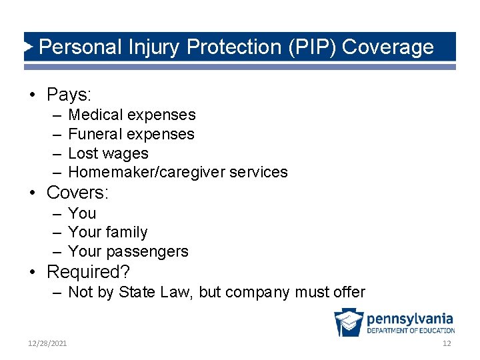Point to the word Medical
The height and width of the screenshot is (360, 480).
point(97,115)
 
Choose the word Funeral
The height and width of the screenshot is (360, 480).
point(96,134)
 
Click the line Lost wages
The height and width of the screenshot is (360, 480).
point(108,153)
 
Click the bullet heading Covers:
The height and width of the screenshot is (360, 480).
point(77,193)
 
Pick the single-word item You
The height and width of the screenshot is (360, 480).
point(82,213)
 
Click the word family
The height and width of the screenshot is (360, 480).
point(126,232)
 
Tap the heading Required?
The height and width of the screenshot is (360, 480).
point(88,272)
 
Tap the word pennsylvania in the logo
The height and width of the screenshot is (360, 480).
point(409,319)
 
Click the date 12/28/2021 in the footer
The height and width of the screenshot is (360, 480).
point(47,343)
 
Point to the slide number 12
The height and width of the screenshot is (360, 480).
point(447,343)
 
